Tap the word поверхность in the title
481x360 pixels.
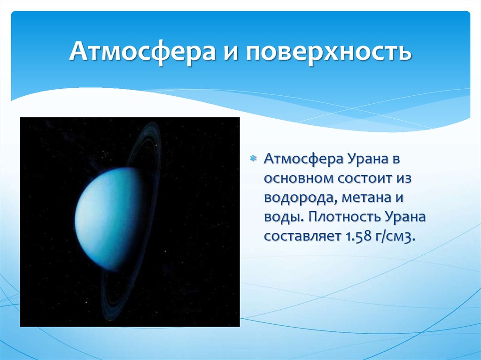328,51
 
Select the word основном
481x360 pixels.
297,179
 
